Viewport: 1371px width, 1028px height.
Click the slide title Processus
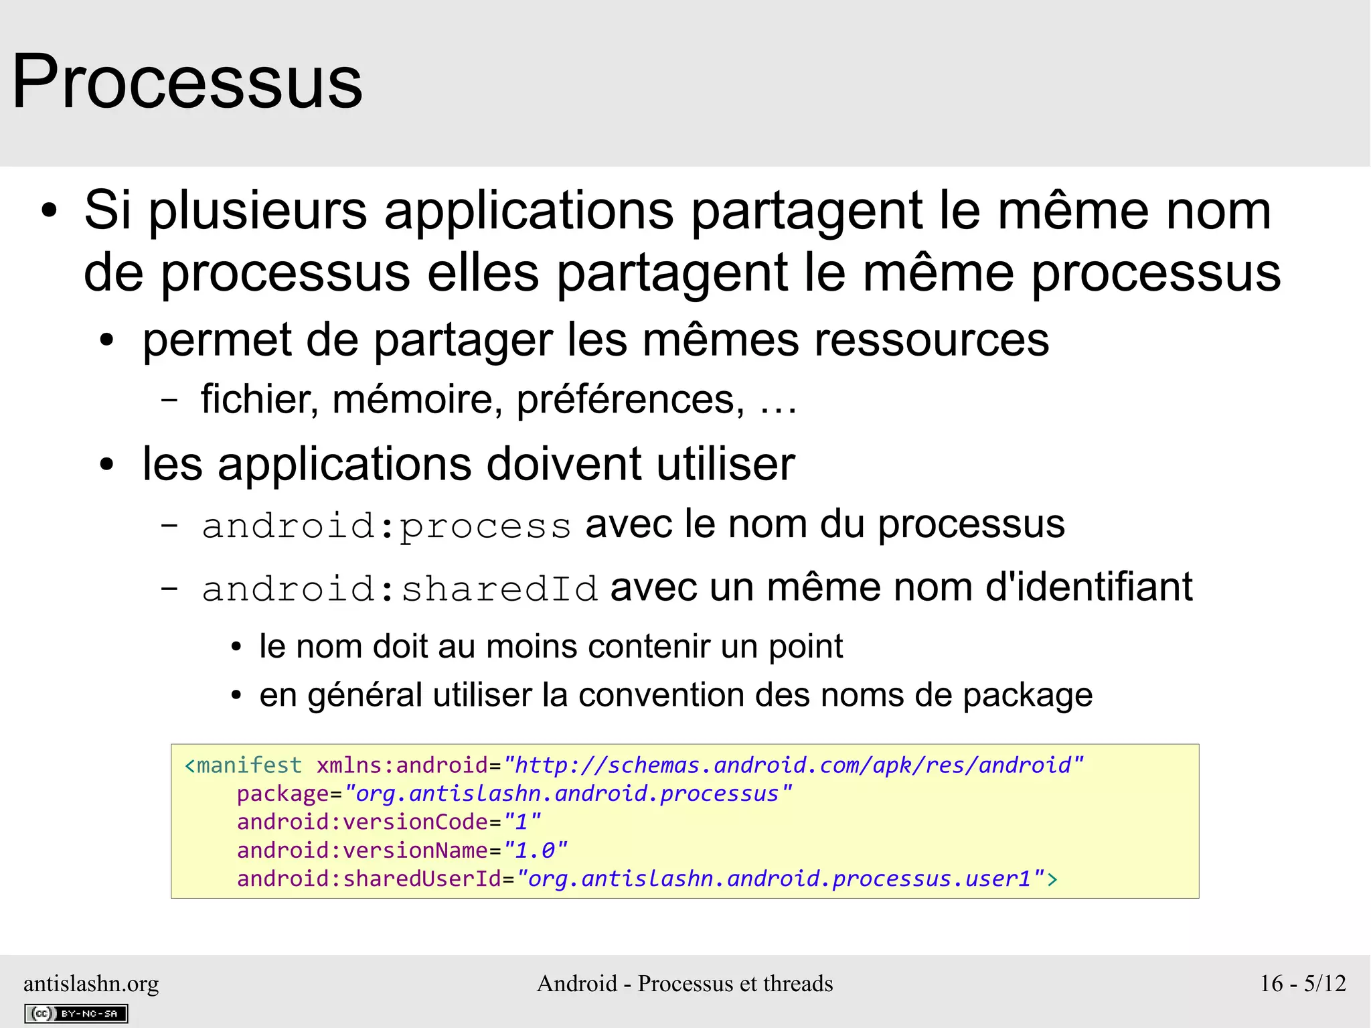[x=187, y=82]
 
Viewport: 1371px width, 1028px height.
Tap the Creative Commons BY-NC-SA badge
[x=76, y=1013]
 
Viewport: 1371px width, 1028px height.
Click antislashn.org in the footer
[x=91, y=983]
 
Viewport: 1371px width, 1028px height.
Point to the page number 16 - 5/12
[x=1303, y=983]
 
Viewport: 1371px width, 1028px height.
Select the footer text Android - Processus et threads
[x=685, y=983]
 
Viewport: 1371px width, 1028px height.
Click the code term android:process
[x=386, y=526]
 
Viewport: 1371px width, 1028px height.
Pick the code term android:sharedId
[x=400, y=589]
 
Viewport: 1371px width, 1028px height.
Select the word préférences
[x=630, y=400]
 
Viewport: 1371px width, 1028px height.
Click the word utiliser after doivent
[x=726, y=464]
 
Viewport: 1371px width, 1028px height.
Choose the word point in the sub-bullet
[x=805, y=647]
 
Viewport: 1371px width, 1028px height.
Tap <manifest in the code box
[x=243, y=765]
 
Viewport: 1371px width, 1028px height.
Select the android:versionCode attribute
[x=362, y=822]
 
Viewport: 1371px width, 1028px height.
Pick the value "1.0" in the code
[x=536, y=851]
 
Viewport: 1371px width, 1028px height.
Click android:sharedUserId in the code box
[x=369, y=879]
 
